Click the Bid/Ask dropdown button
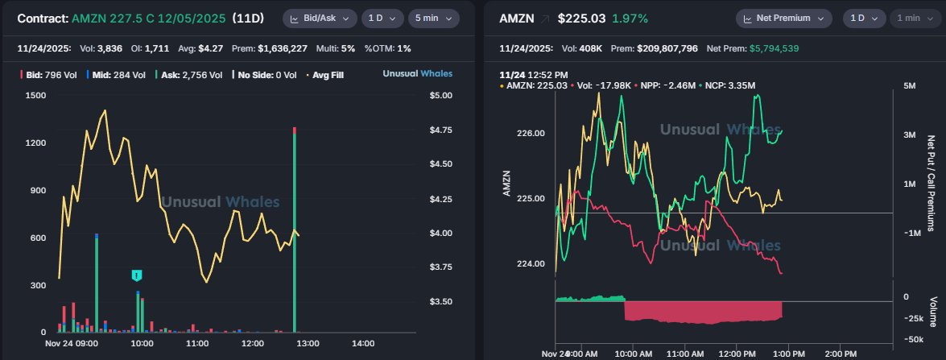coord(319,19)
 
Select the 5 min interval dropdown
coord(433,19)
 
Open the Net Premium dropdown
coord(784,19)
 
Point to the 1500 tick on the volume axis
coord(35,95)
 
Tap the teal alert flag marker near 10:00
coord(137,275)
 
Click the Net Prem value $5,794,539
coord(785,48)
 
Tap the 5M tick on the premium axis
coord(909,85)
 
